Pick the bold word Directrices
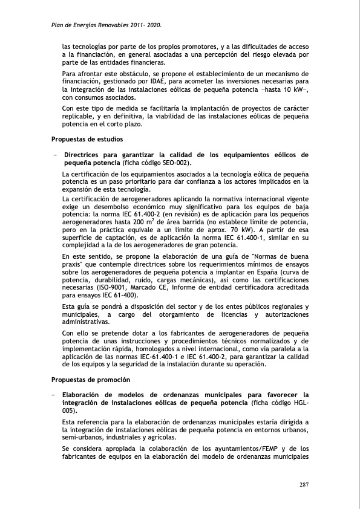click(x=87, y=155)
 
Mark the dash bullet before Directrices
click(x=54, y=155)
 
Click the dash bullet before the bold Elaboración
click(x=54, y=395)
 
